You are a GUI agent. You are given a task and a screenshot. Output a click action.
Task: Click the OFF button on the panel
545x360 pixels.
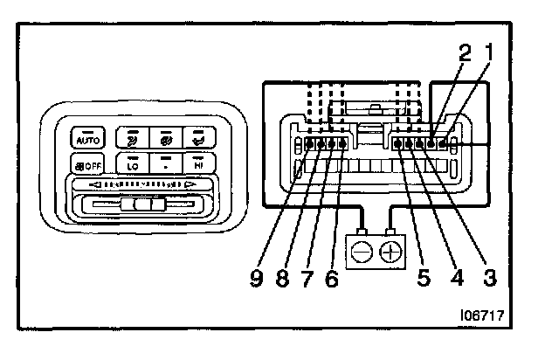(88, 163)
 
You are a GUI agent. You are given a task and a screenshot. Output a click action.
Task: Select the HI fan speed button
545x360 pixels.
(199, 163)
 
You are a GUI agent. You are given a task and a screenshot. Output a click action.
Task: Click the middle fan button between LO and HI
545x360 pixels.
(166, 163)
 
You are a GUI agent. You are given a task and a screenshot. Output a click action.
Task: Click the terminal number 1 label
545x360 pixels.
(490, 52)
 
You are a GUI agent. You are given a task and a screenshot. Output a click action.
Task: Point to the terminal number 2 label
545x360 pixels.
(465, 52)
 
